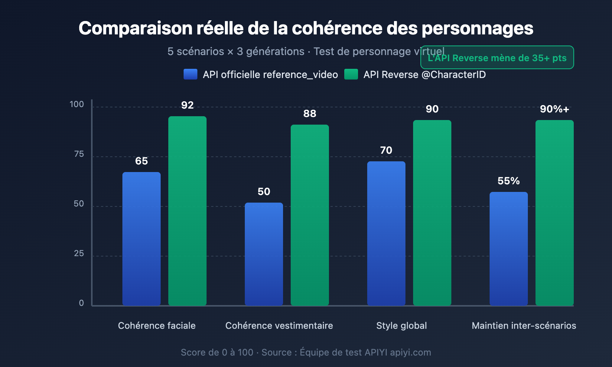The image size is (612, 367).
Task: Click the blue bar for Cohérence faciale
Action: (142, 239)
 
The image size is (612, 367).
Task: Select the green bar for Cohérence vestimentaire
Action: (310, 215)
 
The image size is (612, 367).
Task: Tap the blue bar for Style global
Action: (386, 233)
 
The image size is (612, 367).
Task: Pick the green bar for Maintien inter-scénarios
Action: (555, 213)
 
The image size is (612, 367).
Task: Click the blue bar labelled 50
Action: (264, 254)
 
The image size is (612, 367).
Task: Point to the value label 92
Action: (187, 105)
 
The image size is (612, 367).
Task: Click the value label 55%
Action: (509, 181)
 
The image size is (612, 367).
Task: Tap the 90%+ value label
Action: (555, 109)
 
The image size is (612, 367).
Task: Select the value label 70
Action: (386, 150)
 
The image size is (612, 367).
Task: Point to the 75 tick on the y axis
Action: (79, 154)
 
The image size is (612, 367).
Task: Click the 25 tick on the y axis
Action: (79, 253)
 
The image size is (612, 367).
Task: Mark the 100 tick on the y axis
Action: (76, 104)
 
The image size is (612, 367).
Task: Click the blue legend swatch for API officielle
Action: (190, 74)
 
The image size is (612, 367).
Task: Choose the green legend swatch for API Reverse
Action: (351, 74)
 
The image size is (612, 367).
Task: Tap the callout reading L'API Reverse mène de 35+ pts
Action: (497, 58)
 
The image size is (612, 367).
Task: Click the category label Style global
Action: (402, 326)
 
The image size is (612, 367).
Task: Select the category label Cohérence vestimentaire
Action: (279, 326)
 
